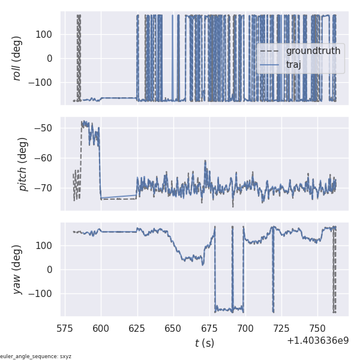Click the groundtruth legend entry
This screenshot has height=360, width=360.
(x=313, y=51)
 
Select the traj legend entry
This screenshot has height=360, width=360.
(x=293, y=65)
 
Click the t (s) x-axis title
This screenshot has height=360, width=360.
(x=204, y=343)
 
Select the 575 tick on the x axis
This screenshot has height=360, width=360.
(x=65, y=329)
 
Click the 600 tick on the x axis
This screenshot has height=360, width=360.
(x=101, y=329)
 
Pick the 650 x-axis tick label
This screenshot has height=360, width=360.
(x=173, y=329)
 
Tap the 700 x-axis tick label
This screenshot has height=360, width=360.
(x=245, y=329)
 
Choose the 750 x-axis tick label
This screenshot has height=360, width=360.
(x=317, y=329)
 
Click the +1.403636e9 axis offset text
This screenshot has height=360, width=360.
(x=317, y=341)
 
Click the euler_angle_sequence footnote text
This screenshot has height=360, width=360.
(x=36, y=356)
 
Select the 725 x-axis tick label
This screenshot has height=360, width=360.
(x=281, y=329)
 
